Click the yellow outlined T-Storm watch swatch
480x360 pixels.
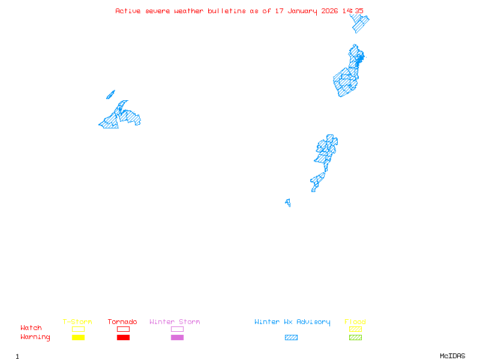pyautogui.click(x=78, y=329)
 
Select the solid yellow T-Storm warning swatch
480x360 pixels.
pyautogui.click(x=78, y=338)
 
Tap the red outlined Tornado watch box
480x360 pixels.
pyautogui.click(x=123, y=329)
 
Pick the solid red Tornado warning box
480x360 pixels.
pyautogui.click(x=123, y=338)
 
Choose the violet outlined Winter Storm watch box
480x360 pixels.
pyautogui.click(x=177, y=329)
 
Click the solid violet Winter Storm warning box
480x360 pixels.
pyautogui.click(x=177, y=338)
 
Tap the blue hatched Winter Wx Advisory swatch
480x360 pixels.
pyautogui.click(x=291, y=338)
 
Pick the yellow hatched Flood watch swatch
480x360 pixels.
pyautogui.click(x=355, y=329)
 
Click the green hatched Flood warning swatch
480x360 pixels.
pyautogui.click(x=355, y=338)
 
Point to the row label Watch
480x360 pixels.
pyautogui.click(x=31, y=328)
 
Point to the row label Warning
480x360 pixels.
pyautogui.click(x=35, y=337)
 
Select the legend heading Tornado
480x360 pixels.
pyautogui.click(x=122, y=322)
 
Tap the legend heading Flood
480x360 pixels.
pyautogui.click(x=355, y=322)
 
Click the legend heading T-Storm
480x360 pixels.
pyautogui.click(x=77, y=322)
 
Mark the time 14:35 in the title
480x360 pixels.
pyautogui.click(x=353, y=11)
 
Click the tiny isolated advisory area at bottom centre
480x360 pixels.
pyautogui.click(x=288, y=203)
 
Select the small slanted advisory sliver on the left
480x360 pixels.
pyautogui.click(x=110, y=94)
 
